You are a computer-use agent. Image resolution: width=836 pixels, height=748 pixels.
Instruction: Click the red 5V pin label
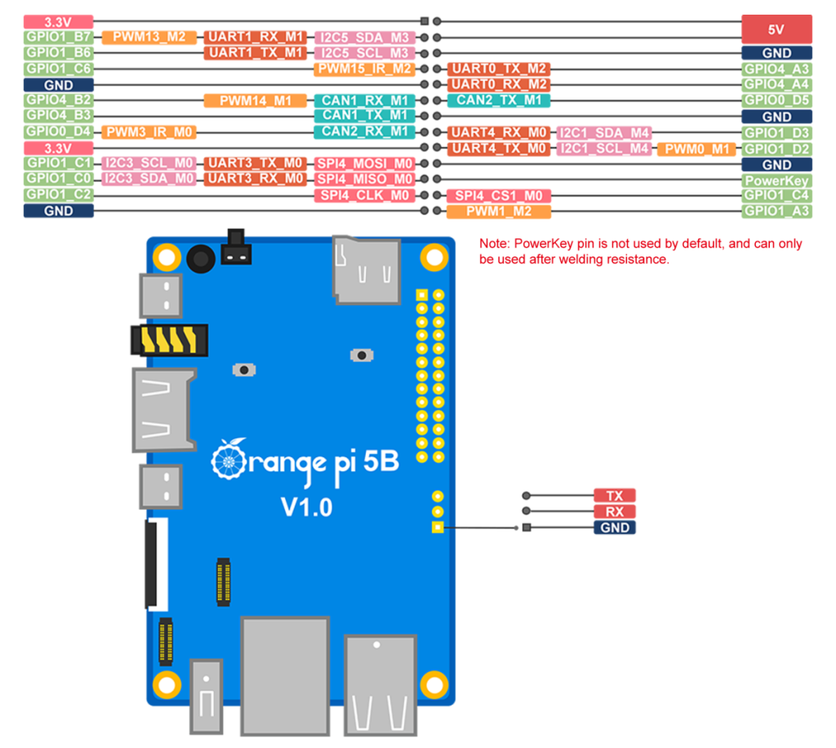(776, 29)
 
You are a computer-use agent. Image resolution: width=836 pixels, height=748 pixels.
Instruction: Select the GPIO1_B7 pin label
(58, 37)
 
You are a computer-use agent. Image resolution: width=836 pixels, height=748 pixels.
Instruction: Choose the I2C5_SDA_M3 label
(364, 37)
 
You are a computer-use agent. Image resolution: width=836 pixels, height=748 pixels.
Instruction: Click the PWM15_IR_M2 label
(364, 69)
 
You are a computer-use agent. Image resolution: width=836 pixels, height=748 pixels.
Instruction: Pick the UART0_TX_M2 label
(498, 69)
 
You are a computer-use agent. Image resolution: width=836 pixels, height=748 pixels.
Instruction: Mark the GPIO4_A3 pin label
(776, 69)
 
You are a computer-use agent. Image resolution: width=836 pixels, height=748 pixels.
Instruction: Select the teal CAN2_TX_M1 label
(498, 100)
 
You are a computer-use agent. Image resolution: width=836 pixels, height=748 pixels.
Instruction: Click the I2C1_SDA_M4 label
(603, 132)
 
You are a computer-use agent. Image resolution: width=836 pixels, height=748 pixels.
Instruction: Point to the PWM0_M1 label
(696, 149)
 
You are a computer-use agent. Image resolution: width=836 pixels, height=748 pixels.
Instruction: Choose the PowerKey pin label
(776, 180)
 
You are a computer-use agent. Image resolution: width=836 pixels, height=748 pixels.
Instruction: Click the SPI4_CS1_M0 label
(498, 196)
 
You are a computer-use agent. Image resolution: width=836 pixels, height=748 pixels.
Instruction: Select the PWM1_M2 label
(498, 211)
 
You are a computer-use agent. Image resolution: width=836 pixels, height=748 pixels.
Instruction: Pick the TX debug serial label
(614, 496)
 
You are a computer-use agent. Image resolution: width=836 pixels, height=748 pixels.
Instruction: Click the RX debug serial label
(614, 512)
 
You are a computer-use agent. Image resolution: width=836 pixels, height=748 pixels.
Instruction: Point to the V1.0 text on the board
(306, 507)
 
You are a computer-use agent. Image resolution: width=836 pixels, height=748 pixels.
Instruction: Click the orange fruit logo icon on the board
(229, 461)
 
